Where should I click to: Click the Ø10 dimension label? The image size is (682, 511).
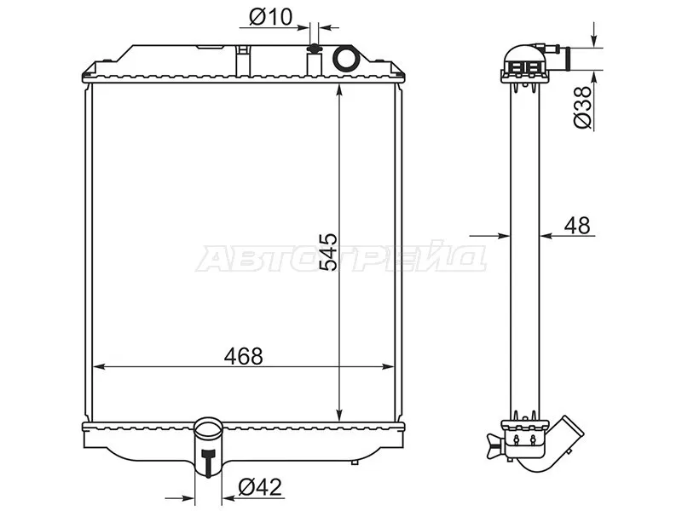click(x=270, y=17)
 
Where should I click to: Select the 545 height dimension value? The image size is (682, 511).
click(x=328, y=252)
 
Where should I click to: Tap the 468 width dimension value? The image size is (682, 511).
click(x=244, y=356)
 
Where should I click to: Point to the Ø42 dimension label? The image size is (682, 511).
click(x=260, y=486)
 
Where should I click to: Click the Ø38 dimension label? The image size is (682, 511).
click(x=583, y=107)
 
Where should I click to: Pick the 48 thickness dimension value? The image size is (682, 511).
click(x=577, y=226)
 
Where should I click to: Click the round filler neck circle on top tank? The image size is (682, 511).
click(x=346, y=58)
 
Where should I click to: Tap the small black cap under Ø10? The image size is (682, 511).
click(x=314, y=49)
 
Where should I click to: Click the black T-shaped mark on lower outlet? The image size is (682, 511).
click(x=209, y=462)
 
